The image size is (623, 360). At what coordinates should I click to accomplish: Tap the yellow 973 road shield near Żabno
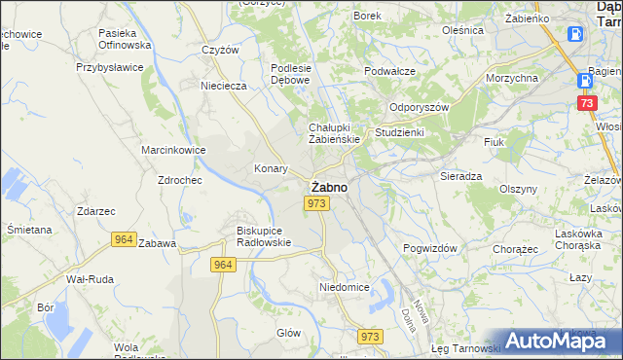coord(314,202)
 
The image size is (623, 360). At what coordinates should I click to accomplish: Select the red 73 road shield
coord(586,102)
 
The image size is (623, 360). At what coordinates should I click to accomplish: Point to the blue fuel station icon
coord(575,34)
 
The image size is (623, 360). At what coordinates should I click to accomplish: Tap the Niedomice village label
coord(344,287)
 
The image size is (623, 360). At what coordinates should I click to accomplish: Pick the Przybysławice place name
coord(110,68)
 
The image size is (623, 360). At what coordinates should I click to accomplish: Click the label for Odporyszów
coord(418,108)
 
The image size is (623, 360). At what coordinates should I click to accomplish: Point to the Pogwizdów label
coord(430,248)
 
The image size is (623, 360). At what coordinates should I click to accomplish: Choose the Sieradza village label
coord(460,177)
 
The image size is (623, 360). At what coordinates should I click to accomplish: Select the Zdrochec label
coord(178,181)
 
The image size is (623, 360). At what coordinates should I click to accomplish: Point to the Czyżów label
coord(220,50)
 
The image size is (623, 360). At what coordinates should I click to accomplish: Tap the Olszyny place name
coord(518,189)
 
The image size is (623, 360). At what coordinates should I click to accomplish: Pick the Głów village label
coord(288,332)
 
